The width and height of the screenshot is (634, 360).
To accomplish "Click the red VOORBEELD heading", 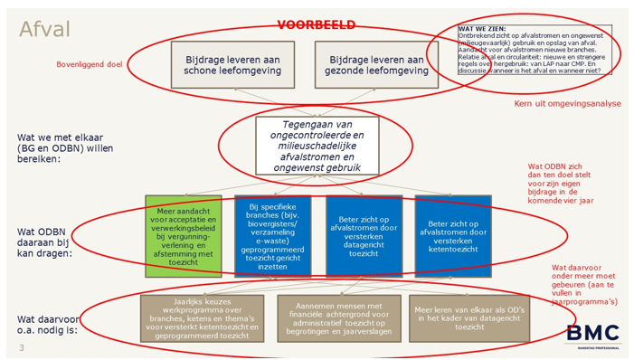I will click(317, 24).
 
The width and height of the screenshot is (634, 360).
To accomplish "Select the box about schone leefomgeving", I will click(225, 64).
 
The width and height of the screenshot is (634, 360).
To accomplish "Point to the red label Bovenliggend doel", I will click(90, 64).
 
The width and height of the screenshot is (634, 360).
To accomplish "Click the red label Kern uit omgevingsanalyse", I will click(567, 104).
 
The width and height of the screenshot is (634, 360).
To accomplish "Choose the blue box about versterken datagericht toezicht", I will click(364, 235).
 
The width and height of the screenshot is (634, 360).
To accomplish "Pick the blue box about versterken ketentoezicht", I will click(453, 235).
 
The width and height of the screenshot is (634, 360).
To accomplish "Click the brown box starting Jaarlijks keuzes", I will click(203, 317).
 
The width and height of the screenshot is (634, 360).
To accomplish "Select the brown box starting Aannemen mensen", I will click(337, 317).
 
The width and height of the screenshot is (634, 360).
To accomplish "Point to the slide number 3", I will click(22, 348).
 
